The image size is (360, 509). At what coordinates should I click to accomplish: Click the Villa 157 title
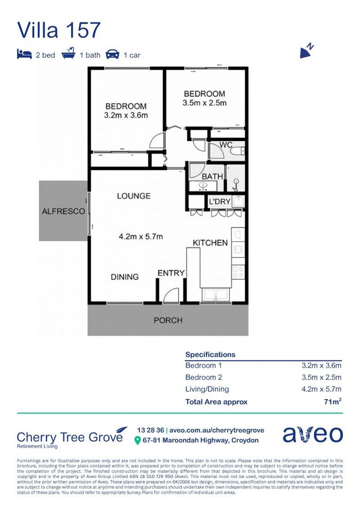pyautogui.click(x=59, y=30)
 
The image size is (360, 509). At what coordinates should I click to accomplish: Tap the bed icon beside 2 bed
pyautogui.click(x=25, y=54)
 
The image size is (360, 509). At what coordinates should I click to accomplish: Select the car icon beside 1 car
pyautogui.click(x=112, y=54)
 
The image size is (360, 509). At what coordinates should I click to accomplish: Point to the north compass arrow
pyautogui.click(x=306, y=51)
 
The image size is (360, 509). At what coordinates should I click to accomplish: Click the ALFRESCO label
pyautogui.click(x=63, y=211)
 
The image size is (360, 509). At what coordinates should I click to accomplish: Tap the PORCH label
pyautogui.click(x=168, y=320)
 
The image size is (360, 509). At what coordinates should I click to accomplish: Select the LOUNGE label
pyautogui.click(x=134, y=196)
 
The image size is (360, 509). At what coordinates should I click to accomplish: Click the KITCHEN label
pyautogui.click(x=210, y=243)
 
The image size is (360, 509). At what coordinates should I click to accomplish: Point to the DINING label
pyautogui.click(x=125, y=277)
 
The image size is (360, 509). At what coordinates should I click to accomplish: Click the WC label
pyautogui.click(x=226, y=145)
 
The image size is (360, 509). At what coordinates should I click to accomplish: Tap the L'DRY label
pyautogui.click(x=220, y=202)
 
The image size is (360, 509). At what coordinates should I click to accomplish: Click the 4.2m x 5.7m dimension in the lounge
pyautogui.click(x=140, y=237)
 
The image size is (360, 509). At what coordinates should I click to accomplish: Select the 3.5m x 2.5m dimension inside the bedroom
pyautogui.click(x=205, y=103)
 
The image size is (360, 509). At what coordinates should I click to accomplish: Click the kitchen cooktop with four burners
pyautogui.click(x=238, y=272)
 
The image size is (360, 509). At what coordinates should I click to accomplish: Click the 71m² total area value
pyautogui.click(x=332, y=402)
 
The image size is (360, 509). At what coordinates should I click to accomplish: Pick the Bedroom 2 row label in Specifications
pyautogui.click(x=204, y=377)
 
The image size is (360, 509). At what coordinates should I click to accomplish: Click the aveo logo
pyautogui.click(x=312, y=434)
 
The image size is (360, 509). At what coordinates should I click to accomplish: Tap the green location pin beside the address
pyautogui.click(x=137, y=441)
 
